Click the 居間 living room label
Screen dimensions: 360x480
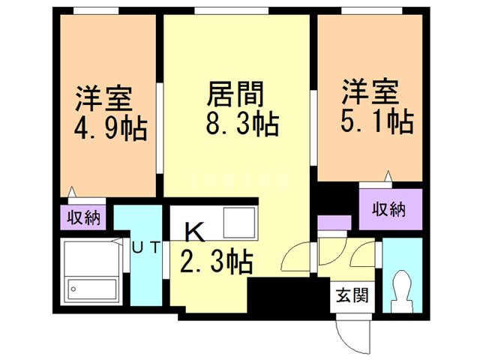pyautogui.click(x=235, y=95)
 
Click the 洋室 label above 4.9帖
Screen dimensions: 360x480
pyautogui.click(x=103, y=98)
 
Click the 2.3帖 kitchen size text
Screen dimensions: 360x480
pyautogui.click(x=216, y=262)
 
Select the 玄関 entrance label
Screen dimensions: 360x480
pyautogui.click(x=352, y=295)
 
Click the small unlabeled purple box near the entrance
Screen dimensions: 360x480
pyautogui.click(x=333, y=223)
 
